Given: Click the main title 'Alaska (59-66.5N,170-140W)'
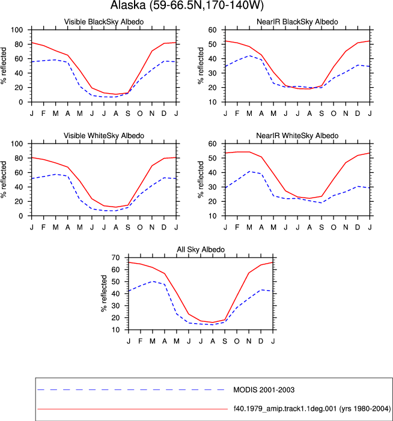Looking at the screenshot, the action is tap(187, 5).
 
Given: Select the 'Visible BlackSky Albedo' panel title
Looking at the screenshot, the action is tap(104, 22).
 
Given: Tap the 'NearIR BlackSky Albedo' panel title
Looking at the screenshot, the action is tap(297, 22).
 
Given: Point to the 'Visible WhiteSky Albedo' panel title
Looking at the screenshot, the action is tap(104, 136).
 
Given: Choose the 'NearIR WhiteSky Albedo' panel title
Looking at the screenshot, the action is tap(297, 136).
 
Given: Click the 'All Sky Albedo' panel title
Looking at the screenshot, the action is tap(201, 249).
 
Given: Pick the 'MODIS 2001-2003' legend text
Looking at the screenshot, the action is tap(264, 390).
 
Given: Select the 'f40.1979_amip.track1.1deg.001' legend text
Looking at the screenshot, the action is tap(285, 408).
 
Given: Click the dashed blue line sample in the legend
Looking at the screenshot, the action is tap(131, 390).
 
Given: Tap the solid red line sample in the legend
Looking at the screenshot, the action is tap(133, 409).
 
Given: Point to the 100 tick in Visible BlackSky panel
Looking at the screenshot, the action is tap(17, 30).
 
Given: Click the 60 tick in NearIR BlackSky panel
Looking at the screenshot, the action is tap(212, 30).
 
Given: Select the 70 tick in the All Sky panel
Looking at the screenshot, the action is tap(115, 258).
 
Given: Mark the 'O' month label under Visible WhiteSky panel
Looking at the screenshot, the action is tap(140, 228).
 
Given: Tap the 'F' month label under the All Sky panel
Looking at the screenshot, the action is tap(140, 341).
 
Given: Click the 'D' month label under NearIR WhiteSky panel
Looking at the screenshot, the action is tap(358, 228).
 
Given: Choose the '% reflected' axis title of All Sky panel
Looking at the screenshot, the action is tap(104, 294).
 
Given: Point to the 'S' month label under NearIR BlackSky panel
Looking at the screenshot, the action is tap(321, 114).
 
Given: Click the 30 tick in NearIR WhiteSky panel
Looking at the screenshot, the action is tap(212, 187).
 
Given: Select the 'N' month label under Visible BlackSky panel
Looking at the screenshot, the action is tap(152, 114).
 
